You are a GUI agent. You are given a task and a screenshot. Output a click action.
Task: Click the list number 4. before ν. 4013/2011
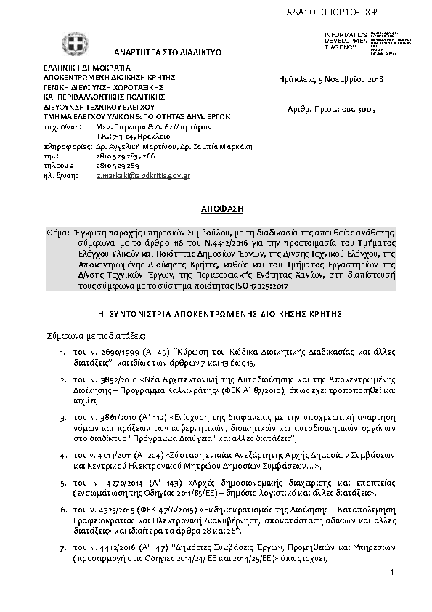click(64, 454)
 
